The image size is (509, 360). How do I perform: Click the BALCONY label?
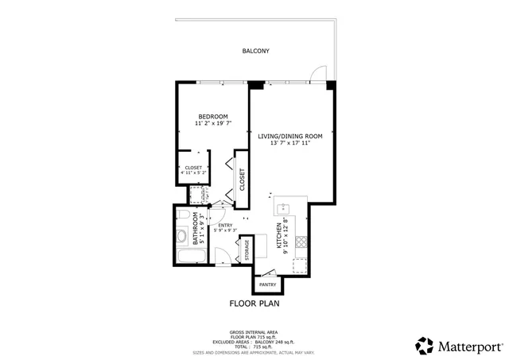(255, 51)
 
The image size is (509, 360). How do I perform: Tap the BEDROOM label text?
(213, 116)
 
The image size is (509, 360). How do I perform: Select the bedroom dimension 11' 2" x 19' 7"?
(213, 124)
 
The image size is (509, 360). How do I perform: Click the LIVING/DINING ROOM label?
(289, 135)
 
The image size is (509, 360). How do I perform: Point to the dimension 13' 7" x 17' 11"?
(289, 143)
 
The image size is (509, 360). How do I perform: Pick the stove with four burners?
(301, 241)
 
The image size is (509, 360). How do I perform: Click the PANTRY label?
(267, 284)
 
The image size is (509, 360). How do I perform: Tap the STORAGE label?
(247, 250)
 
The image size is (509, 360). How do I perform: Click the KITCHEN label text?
(278, 237)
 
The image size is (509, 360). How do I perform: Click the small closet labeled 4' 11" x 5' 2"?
(193, 169)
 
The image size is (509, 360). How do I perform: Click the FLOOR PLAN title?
(254, 303)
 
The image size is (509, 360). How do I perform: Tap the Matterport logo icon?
(425, 346)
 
